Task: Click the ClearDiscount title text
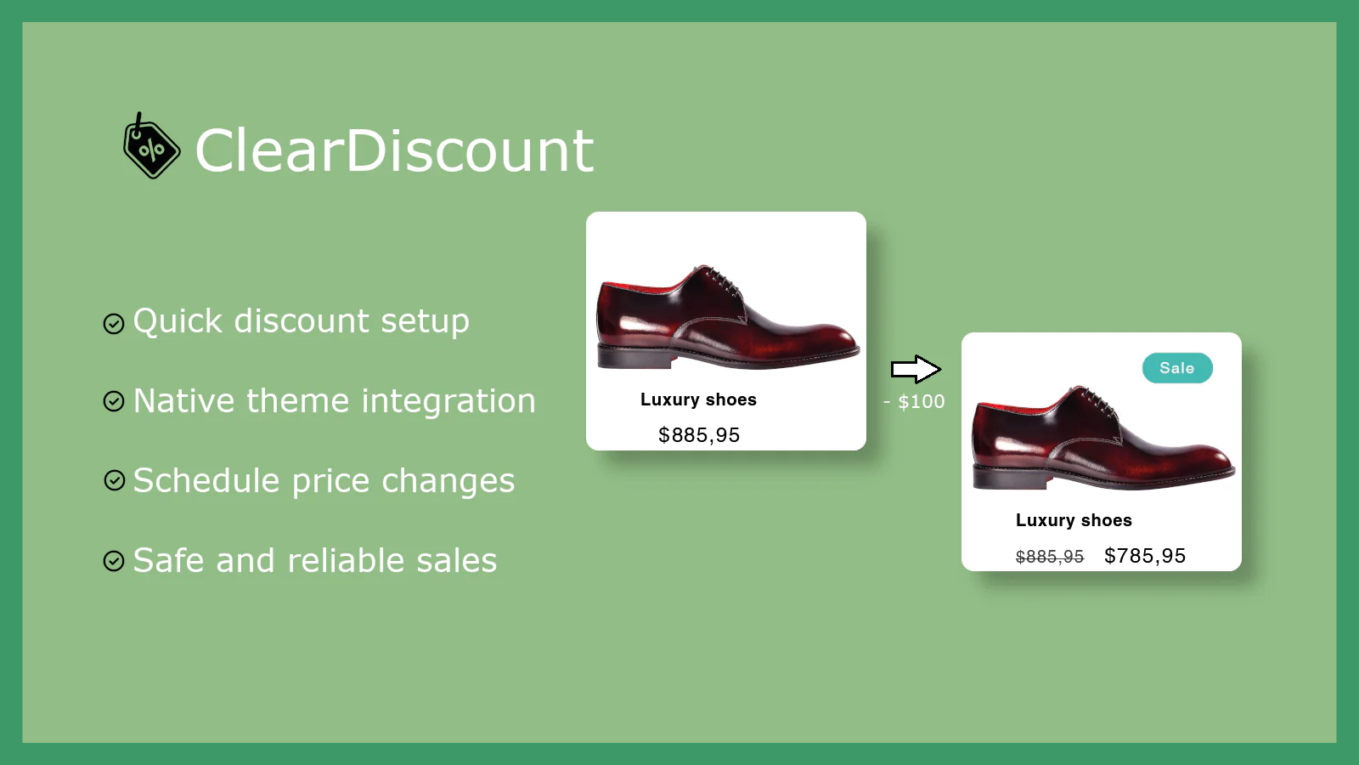pos(394,150)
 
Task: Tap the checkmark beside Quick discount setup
pos(114,324)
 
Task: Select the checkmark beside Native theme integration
pos(114,401)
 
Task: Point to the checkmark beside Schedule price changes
pos(114,480)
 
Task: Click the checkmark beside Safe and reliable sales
pos(114,560)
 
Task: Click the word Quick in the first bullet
pos(178,322)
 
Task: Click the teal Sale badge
pos(1177,368)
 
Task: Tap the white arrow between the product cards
pos(916,369)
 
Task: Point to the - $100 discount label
pos(914,401)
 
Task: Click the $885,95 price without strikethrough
pos(699,434)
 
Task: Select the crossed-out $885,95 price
pos(1050,557)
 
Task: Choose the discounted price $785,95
pos(1145,556)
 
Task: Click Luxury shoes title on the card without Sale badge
pos(698,399)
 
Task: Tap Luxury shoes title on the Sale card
pos(1074,520)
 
